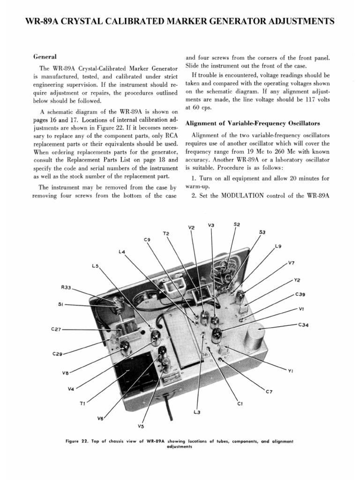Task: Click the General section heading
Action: click(45, 56)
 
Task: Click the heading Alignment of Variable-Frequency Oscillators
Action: click(253, 123)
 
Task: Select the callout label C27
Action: click(56, 330)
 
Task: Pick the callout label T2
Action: click(166, 233)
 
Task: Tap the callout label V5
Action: click(141, 426)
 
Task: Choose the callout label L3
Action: click(197, 412)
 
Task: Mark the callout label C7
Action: click(269, 391)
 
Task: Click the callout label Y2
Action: click(296, 280)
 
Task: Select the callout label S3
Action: click(262, 232)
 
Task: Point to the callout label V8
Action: click(65, 373)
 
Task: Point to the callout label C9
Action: click(147, 240)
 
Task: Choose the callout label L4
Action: click(122, 252)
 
